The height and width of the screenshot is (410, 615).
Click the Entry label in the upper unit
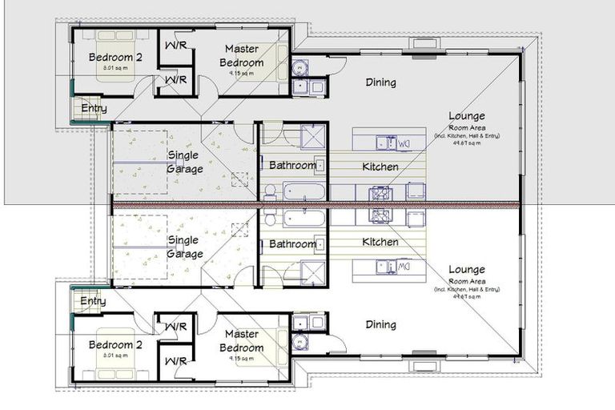[93, 109]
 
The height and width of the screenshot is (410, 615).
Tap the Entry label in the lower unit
[93, 301]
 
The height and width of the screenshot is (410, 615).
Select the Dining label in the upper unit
[381, 82]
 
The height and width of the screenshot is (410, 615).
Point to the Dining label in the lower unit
[381, 324]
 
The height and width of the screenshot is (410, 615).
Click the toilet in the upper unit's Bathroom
[270, 191]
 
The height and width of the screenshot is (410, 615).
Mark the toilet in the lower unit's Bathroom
[270, 219]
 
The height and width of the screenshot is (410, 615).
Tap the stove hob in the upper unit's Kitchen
[379, 193]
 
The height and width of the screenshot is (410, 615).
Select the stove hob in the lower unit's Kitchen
[379, 215]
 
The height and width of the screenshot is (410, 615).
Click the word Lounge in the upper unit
[467, 116]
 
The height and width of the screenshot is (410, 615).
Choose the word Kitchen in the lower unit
[380, 242]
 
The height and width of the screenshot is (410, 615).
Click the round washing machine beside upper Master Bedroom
[299, 67]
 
